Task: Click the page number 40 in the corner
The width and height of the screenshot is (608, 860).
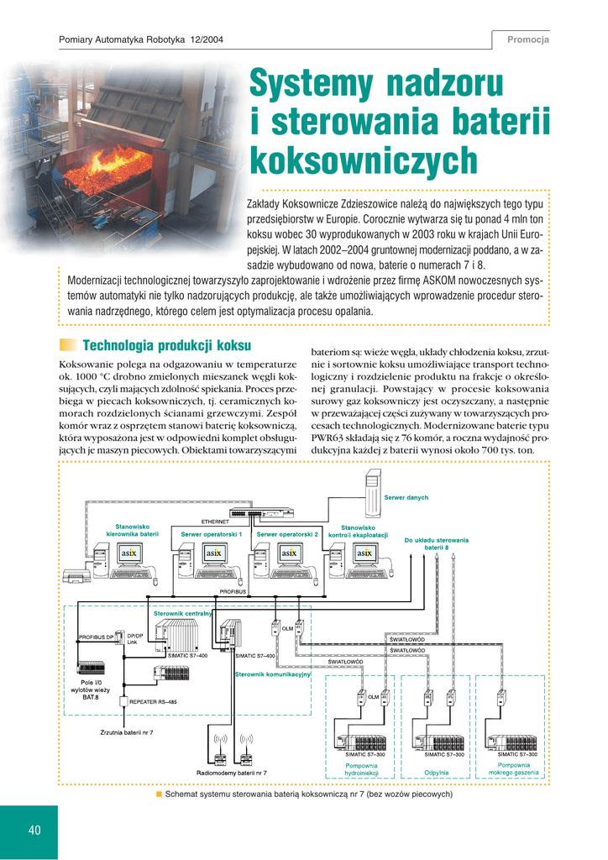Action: (x=34, y=831)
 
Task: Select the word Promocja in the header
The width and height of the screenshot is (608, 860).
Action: (x=527, y=39)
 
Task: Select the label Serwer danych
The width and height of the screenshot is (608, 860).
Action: (x=406, y=498)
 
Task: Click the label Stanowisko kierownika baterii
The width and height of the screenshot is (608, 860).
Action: (x=132, y=530)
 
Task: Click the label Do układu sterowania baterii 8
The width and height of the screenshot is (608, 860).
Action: (x=436, y=543)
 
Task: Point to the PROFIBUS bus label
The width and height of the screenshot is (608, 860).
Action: (x=236, y=591)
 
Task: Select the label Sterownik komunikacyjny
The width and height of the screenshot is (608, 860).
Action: (x=273, y=674)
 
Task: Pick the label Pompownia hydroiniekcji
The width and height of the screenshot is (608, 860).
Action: (x=363, y=768)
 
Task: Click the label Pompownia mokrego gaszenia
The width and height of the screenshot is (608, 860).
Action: (x=512, y=768)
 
